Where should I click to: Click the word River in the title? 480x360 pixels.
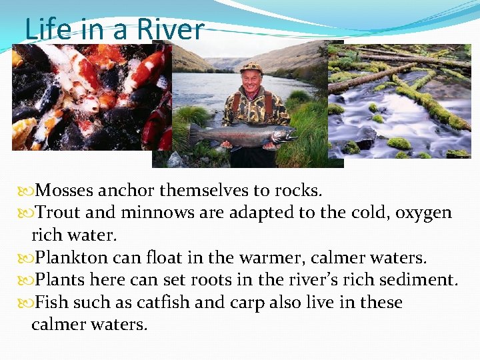click(x=170, y=29)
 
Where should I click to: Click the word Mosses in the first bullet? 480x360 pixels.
click(x=64, y=191)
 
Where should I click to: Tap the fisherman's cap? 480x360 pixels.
click(x=251, y=67)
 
